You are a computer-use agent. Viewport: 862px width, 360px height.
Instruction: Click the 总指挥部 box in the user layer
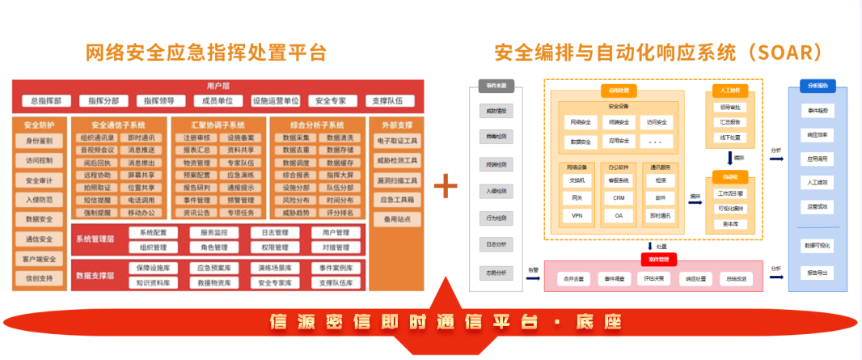[47, 101]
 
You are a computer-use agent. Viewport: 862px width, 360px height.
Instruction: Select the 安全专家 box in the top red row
[332, 101]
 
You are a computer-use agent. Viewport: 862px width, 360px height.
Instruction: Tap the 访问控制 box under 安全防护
[39, 160]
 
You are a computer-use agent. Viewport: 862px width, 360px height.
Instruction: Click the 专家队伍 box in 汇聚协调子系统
[239, 162]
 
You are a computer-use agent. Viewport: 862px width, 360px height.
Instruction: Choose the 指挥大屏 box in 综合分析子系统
[340, 174]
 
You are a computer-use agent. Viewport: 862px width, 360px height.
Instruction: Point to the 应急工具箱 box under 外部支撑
[396, 199]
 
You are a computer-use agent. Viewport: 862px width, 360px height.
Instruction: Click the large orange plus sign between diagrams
[446, 185]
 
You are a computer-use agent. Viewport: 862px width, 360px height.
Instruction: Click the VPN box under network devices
[577, 216]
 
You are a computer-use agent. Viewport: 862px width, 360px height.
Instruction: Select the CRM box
[619, 197]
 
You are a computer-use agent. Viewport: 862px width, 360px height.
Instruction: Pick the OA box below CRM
[619, 216]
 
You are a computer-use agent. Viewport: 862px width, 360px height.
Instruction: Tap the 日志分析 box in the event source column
[496, 244]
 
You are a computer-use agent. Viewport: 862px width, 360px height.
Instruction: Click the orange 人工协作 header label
[729, 90]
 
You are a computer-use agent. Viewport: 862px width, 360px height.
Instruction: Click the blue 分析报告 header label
[818, 85]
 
